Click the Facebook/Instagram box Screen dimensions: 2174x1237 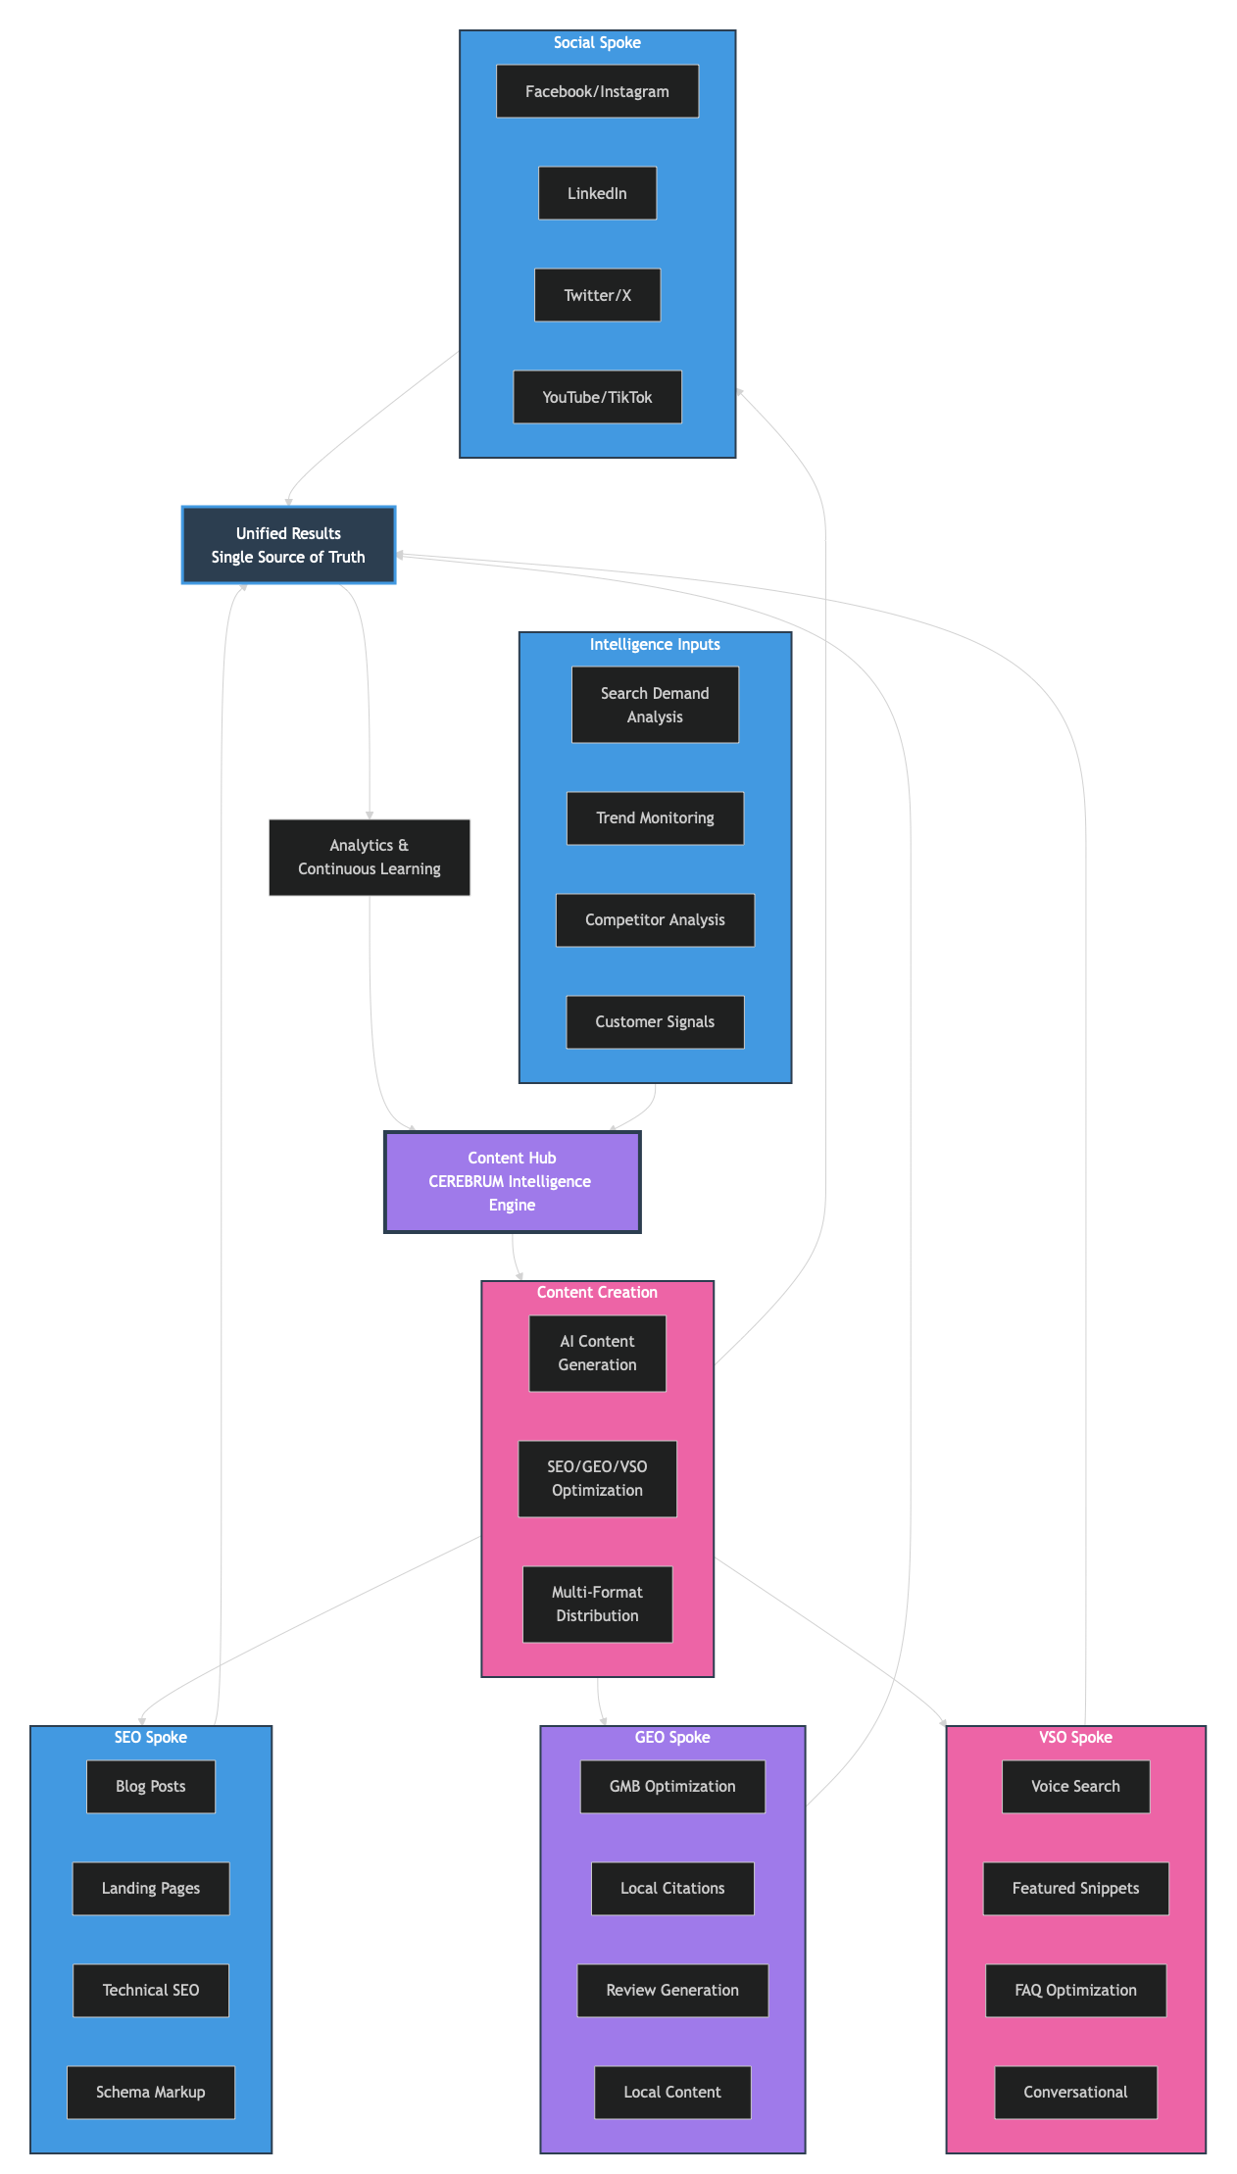[597, 91]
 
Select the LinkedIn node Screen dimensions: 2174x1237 [597, 193]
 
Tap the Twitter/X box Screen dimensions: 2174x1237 [597, 295]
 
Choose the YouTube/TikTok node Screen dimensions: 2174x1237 [597, 397]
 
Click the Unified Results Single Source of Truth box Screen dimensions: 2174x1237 [288, 545]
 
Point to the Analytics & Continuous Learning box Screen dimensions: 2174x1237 [369, 857]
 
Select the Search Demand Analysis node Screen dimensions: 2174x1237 [655, 705]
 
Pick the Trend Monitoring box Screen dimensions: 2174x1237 [655, 817]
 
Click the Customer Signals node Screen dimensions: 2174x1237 [655, 1021]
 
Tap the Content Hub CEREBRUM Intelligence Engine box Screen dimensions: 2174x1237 [512, 1181]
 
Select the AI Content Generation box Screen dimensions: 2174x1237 [597, 1353]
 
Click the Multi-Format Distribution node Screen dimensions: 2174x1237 [597, 1604]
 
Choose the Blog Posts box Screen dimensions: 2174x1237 [150, 1786]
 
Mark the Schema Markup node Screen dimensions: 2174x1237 [150, 2092]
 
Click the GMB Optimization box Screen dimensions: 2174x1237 [672, 1786]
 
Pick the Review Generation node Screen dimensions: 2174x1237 [672, 1990]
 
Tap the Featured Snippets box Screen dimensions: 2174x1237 [1075, 1888]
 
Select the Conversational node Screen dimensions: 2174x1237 [1075, 2092]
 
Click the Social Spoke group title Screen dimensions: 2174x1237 [597, 42]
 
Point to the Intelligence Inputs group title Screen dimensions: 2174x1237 [655, 644]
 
